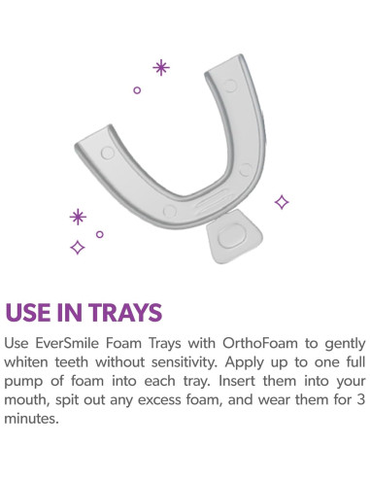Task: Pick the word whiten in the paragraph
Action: point(29,362)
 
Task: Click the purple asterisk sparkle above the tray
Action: point(161,67)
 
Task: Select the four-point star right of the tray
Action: point(282,202)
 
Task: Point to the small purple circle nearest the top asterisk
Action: point(137,89)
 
